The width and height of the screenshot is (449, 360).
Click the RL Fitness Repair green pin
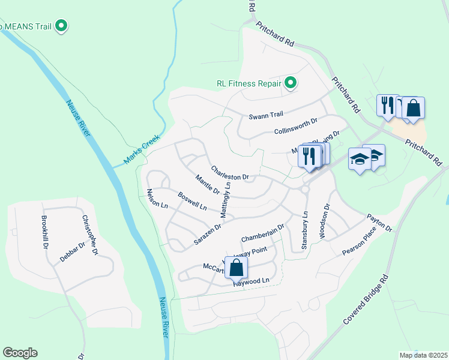click(x=291, y=83)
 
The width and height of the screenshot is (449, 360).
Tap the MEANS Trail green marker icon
click(x=61, y=26)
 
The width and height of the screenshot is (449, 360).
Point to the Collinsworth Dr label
click(x=295, y=127)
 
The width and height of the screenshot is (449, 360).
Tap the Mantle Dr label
click(x=208, y=183)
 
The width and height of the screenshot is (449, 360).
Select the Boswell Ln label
click(x=192, y=200)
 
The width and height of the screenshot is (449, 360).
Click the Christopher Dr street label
click(x=89, y=235)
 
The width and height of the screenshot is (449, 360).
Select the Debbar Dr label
click(x=73, y=251)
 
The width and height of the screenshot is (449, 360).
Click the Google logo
click(x=20, y=353)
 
